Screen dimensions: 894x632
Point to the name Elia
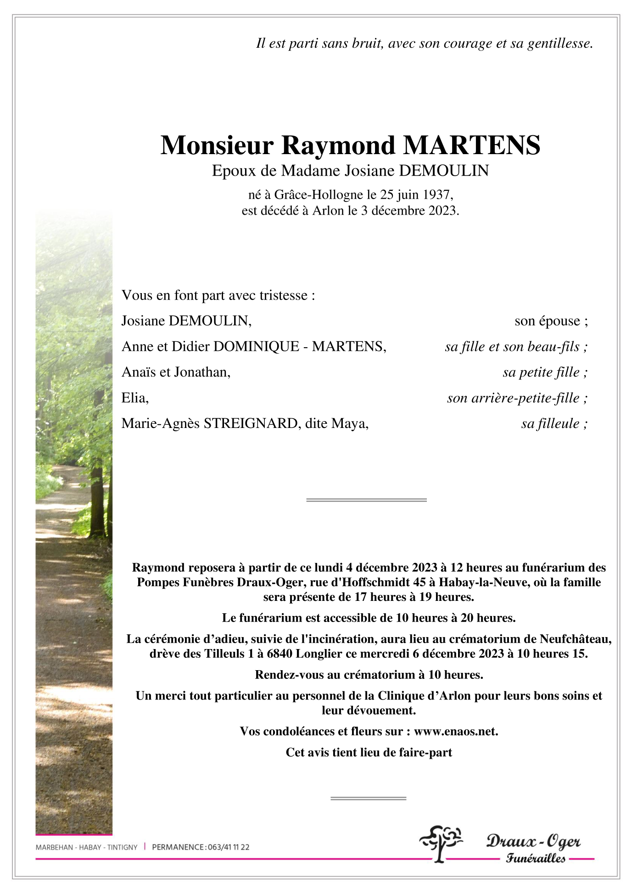pyautogui.click(x=134, y=398)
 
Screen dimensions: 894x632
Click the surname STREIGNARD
pyautogui.click(x=251, y=423)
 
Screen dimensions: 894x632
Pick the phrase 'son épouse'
pyautogui.click(x=547, y=321)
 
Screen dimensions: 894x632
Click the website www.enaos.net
pyautogui.click(x=455, y=731)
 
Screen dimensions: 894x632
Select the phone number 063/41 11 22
pyautogui.click(x=229, y=847)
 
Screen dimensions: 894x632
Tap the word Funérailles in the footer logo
pyautogui.click(x=535, y=858)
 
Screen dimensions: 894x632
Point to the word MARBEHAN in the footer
pyautogui.click(x=54, y=847)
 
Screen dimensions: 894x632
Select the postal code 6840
pyautogui.click(x=279, y=654)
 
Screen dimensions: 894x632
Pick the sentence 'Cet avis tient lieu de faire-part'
pyautogui.click(x=369, y=752)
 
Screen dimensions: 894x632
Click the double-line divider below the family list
pyautogui.click(x=366, y=500)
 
